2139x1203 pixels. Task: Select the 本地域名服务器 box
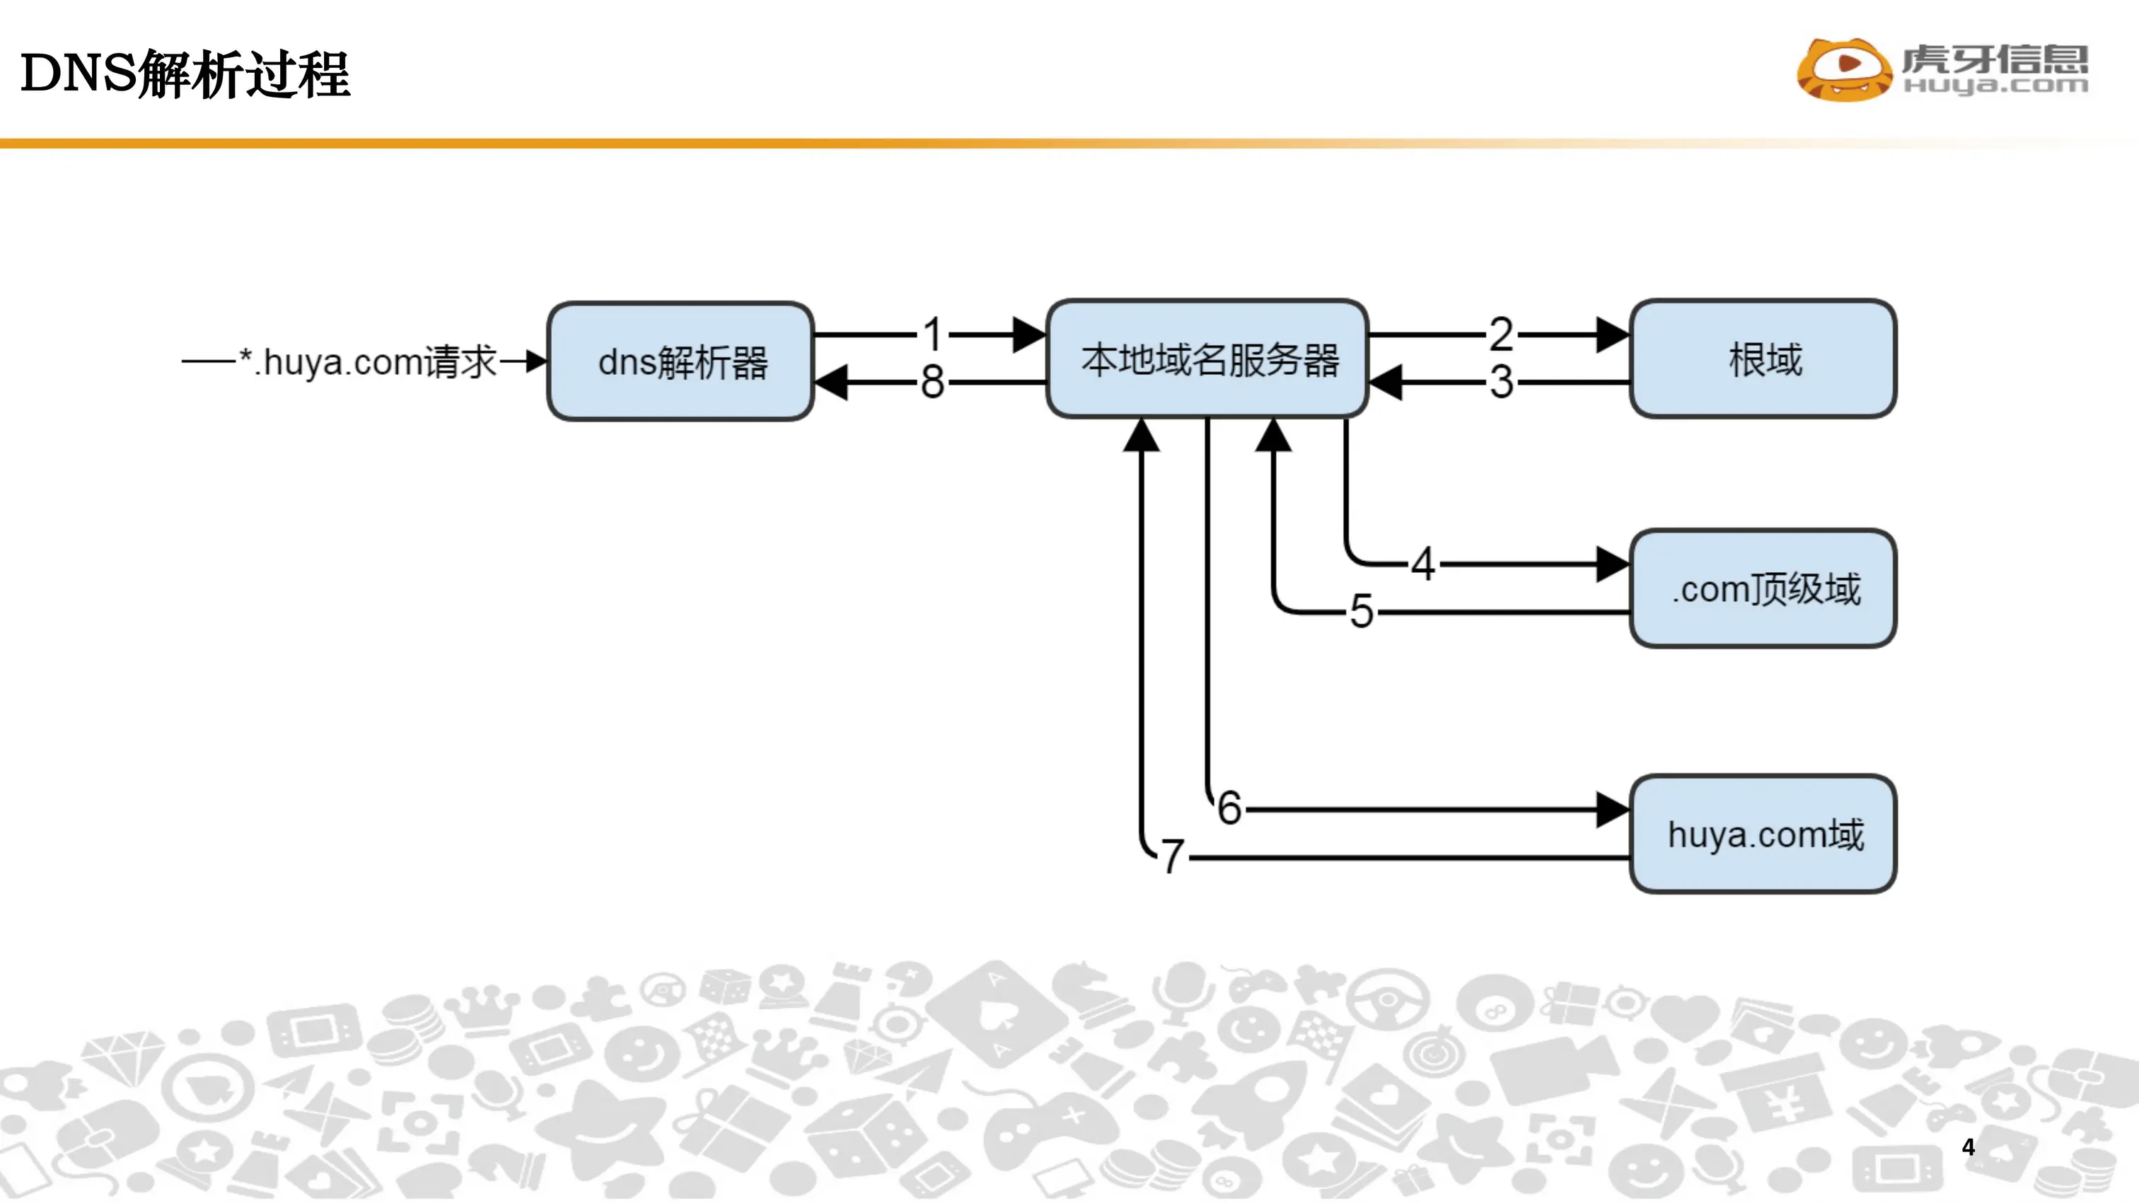(1207, 359)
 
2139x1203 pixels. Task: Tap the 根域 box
(1763, 359)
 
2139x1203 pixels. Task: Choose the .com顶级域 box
(1763, 588)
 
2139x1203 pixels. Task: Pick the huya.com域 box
(1763, 835)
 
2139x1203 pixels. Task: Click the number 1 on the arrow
(933, 335)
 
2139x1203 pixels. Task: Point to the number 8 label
(933, 383)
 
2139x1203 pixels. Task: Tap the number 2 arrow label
(1501, 335)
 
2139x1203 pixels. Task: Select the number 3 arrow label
(1501, 383)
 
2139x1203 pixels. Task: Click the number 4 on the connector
(1424, 564)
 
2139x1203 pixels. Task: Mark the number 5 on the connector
(1362, 612)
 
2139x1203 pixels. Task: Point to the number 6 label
(1230, 808)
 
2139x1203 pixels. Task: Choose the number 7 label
(1173, 856)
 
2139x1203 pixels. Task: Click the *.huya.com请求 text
(368, 362)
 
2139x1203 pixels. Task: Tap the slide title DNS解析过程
(185, 74)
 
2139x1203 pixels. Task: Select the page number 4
(1968, 1146)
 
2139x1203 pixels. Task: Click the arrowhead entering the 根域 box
(1613, 335)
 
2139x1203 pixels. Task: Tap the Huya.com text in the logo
(1995, 85)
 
